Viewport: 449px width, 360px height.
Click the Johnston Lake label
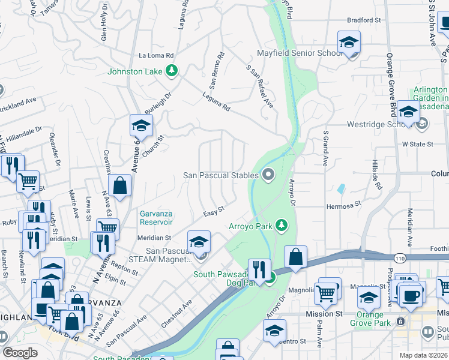point(135,72)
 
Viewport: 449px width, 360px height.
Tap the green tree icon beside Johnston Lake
point(172,71)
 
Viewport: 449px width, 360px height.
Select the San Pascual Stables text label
point(221,175)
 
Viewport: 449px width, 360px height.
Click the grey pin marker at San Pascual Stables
point(268,175)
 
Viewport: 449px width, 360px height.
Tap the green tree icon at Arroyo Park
point(280,226)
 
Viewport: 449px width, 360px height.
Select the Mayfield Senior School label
point(300,53)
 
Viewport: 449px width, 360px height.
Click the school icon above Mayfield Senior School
point(348,41)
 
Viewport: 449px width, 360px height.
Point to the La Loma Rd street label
point(156,55)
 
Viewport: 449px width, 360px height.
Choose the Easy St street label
point(213,211)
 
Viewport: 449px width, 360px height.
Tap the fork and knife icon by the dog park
point(259,268)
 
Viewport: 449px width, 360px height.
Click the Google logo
point(20,353)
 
